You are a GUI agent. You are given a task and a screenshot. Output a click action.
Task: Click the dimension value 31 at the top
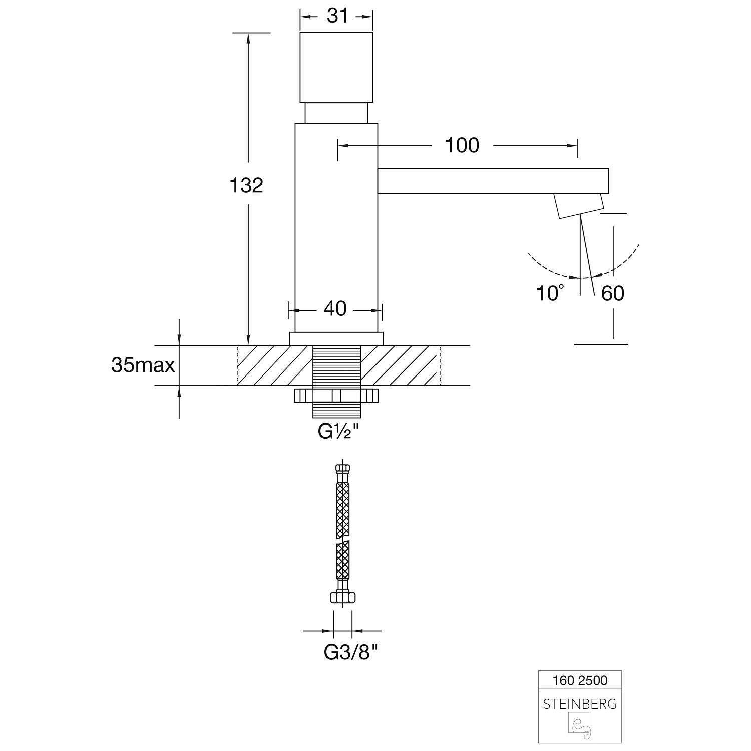point(337,16)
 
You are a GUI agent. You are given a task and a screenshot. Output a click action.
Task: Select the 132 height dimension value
point(246,185)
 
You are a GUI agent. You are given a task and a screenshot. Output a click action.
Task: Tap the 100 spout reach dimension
point(462,145)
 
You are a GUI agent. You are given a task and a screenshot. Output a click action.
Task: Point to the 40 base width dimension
point(335,309)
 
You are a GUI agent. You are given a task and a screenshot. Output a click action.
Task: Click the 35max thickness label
point(143,365)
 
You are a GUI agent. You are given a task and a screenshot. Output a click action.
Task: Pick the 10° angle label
point(550,293)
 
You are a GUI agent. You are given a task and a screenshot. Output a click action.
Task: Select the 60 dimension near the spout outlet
point(613,293)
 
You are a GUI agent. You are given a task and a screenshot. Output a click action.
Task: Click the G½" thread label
point(339,432)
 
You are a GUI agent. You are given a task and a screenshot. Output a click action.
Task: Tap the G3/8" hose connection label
point(350,652)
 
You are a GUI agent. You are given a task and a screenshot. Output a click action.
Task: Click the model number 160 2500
point(579,680)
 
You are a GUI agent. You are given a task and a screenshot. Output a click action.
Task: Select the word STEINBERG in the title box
point(580,704)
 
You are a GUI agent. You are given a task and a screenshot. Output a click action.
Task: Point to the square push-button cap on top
point(336,67)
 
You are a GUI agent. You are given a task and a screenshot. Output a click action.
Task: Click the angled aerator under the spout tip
point(578,205)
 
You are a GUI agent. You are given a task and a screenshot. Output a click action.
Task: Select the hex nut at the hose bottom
point(343,597)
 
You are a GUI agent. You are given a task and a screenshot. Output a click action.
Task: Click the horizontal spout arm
point(493,181)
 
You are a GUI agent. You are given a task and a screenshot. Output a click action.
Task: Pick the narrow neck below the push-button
point(336,113)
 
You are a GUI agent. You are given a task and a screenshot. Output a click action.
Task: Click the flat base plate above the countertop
point(336,339)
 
